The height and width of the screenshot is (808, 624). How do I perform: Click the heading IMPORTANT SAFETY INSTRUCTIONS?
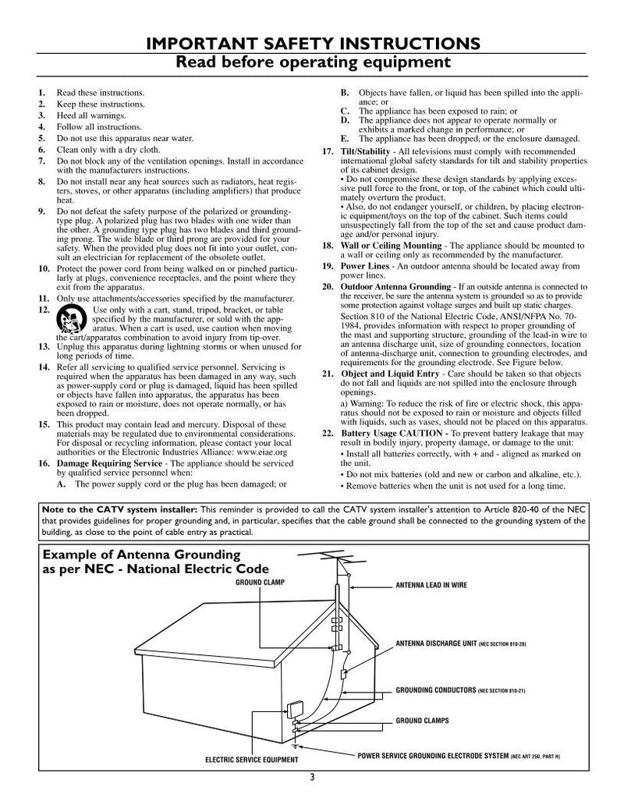point(312,43)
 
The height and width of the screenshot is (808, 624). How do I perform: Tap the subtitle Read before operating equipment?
point(312,61)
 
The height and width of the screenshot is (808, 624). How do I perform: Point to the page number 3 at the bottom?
point(312,776)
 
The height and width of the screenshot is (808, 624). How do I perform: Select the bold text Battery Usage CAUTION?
point(394,432)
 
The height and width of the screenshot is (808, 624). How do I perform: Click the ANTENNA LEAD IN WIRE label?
point(431,585)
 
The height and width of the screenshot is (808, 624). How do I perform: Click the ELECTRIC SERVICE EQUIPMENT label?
point(251,760)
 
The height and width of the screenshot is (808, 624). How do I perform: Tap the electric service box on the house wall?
point(295,711)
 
